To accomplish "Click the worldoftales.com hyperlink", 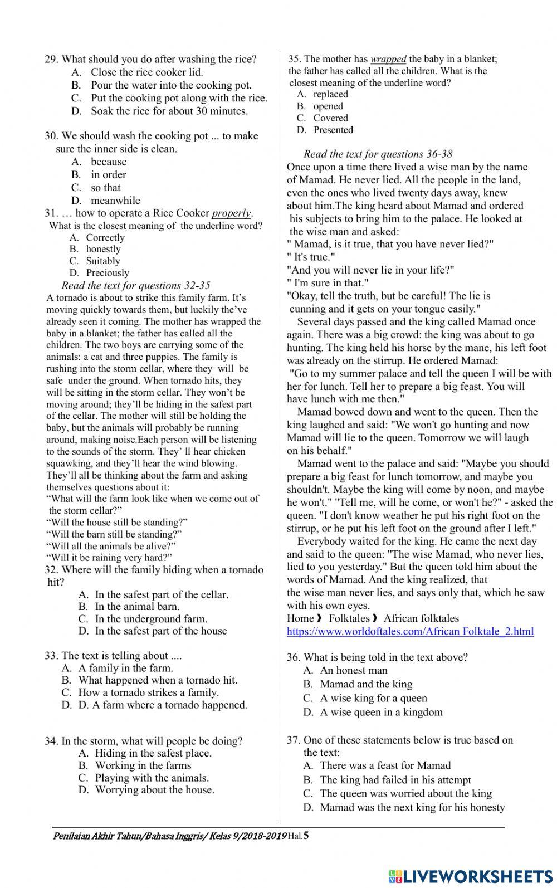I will point(410,631).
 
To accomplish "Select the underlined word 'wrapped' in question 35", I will point(388,59).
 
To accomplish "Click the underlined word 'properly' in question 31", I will point(232,213).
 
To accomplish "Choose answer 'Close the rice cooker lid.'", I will point(147,72).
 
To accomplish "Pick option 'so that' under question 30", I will point(106,188).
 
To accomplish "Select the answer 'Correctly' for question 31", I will point(105,237).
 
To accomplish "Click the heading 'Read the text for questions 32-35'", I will point(135,285).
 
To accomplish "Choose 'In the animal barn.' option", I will point(137,607).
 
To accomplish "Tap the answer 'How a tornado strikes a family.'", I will point(149,692).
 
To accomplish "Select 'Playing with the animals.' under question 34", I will point(152,778).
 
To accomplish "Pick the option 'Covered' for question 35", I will point(330,118).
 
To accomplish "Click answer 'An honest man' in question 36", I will point(354,670).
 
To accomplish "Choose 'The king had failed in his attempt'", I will point(395,780).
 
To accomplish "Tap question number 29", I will point(51,59).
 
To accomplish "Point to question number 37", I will point(294,740).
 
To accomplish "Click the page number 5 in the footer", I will point(306,836).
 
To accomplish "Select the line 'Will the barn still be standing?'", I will point(114,534).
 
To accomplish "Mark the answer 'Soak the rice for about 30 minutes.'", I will point(169,111).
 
